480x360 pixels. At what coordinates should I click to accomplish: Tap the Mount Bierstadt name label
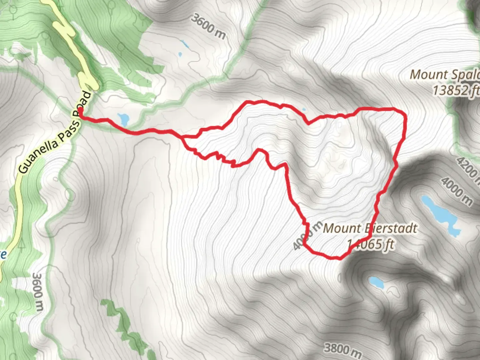pos(370,229)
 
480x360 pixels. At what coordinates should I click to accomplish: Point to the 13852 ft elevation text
pos(455,90)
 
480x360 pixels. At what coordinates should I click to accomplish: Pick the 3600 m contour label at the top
pos(208,26)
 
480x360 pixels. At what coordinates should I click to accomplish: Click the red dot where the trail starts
pos(80,109)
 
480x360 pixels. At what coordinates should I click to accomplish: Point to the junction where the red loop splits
pos(183,137)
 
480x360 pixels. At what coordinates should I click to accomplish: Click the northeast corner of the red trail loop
pos(404,113)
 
